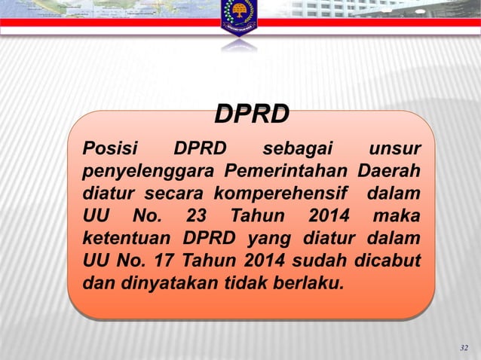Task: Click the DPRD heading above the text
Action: point(252,114)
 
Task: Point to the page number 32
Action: point(464,348)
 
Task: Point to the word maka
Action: point(397,217)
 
